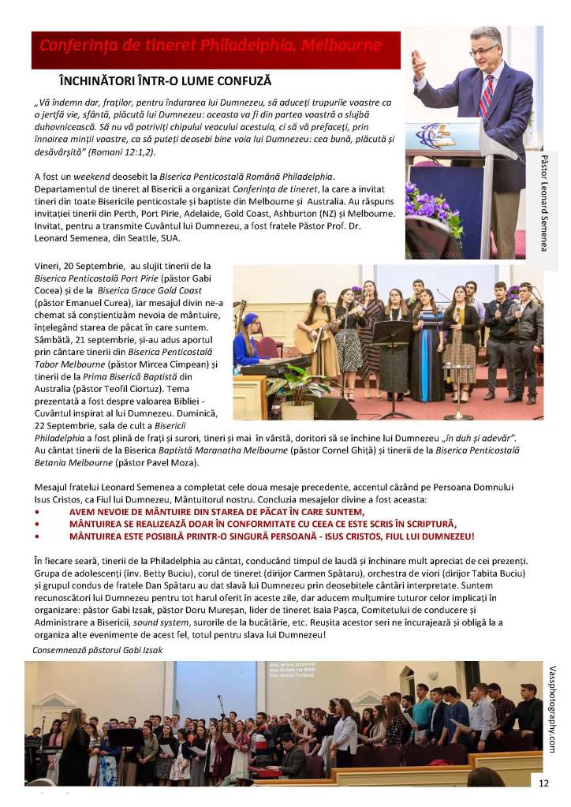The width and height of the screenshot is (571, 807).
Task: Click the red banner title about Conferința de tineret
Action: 211,45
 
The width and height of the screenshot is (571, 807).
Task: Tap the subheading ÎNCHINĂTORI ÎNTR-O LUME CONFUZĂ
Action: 165,81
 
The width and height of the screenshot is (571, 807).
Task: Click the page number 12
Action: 543,783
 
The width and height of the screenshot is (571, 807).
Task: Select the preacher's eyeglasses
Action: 483,50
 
